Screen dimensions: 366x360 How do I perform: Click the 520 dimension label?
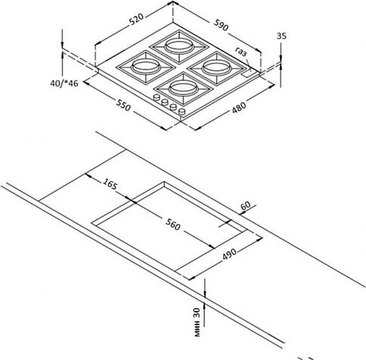[137, 19]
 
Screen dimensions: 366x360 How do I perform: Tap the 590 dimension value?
[221, 25]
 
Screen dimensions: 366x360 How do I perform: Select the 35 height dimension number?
[281, 36]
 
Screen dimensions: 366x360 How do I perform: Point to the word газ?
[241, 51]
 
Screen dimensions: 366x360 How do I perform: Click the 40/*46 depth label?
[64, 83]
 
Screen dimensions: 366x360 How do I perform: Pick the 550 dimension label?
[123, 105]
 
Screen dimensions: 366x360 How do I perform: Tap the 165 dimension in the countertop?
[110, 184]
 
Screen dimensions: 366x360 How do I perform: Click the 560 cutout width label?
[173, 224]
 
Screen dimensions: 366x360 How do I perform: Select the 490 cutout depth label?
[229, 254]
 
